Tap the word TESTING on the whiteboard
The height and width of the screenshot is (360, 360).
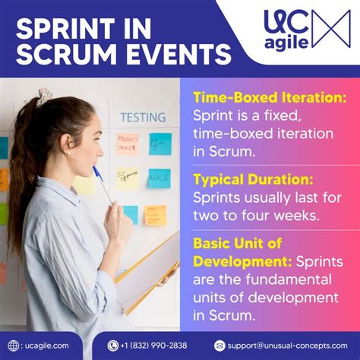tap(142, 118)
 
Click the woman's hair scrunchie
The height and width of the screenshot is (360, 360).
tap(44, 97)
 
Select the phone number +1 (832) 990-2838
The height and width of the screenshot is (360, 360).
tap(153, 346)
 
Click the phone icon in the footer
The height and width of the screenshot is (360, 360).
tap(113, 346)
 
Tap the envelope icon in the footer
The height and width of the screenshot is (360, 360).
tap(220, 346)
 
